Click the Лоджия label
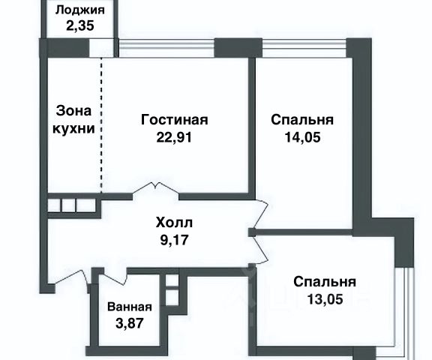point(80,10)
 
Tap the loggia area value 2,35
point(80,25)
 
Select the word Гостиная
point(175,120)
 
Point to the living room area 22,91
point(174,137)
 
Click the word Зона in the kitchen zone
point(73,111)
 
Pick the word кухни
point(73,128)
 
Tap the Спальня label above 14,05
point(302,120)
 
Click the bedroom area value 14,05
point(302,137)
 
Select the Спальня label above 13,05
point(325,282)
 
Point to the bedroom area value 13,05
point(325,299)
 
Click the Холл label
point(174,223)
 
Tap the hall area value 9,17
point(174,240)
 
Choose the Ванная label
point(130,307)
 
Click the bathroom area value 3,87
point(130,322)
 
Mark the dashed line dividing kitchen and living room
point(101,125)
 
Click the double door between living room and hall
point(156,190)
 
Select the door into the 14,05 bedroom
point(261,214)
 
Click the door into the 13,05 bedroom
point(261,249)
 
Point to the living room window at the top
point(166,48)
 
